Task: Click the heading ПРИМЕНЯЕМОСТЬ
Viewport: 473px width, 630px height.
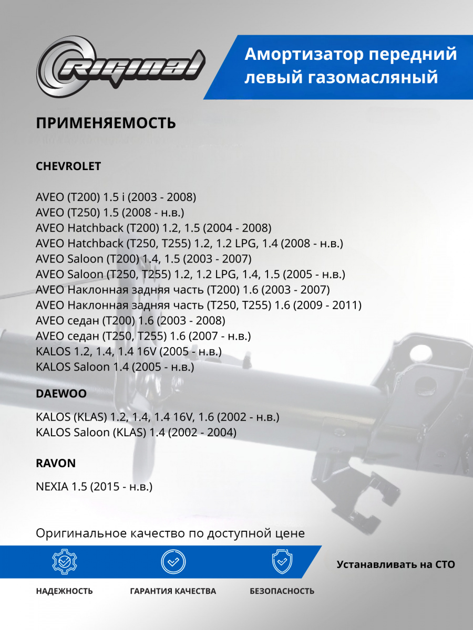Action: click(106, 123)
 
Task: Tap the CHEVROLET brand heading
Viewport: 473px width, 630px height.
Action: click(68, 166)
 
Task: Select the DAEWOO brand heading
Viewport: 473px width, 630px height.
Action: click(61, 393)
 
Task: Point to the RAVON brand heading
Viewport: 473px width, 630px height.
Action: click(56, 463)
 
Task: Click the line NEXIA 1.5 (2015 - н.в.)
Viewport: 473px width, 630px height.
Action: click(94, 487)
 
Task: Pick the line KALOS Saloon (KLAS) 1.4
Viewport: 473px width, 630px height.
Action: click(136, 433)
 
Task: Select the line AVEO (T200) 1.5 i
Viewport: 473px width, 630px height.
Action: click(116, 197)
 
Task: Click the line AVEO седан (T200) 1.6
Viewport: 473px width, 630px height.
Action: click(130, 320)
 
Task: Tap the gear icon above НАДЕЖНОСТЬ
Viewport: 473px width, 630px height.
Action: click(64, 562)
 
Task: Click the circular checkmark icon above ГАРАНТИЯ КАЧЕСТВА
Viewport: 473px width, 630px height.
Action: click(173, 562)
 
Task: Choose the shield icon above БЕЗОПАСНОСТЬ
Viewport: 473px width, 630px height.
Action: click(282, 562)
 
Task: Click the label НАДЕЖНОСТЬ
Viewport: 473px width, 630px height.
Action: click(64, 591)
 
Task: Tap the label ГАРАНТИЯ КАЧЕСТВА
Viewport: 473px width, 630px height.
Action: click(173, 591)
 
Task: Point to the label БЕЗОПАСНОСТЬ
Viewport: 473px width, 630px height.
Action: click(282, 591)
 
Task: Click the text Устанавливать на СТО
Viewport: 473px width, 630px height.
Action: click(396, 565)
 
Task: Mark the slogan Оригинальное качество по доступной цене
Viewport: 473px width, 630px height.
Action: click(170, 533)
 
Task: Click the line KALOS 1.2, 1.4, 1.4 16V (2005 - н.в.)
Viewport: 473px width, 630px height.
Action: click(129, 351)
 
